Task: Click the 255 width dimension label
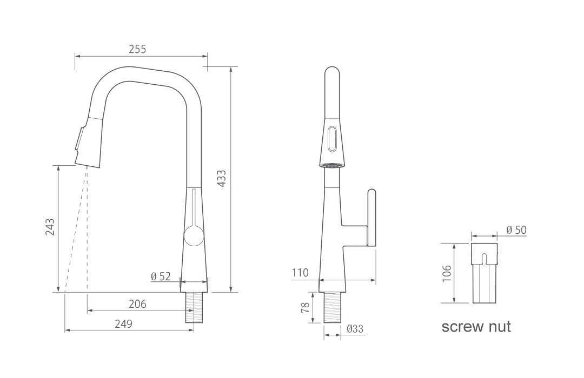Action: [137, 49]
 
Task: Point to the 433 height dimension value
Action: [221, 178]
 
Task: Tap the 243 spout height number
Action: [50, 227]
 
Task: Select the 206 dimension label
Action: [137, 304]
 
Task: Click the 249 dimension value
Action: [123, 323]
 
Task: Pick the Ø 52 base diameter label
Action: [161, 276]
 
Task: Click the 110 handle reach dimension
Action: [300, 273]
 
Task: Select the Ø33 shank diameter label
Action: [355, 329]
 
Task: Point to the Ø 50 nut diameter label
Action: [516, 230]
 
